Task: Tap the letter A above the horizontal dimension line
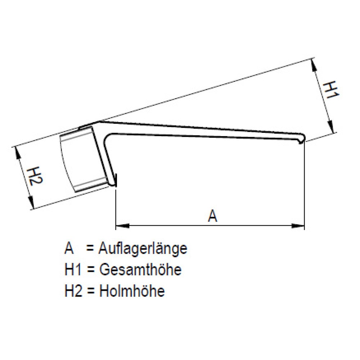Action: click(213, 216)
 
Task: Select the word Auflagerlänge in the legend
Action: click(143, 248)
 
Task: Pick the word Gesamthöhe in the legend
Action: click(139, 270)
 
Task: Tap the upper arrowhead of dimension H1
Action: click(313, 65)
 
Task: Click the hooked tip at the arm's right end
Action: click(302, 138)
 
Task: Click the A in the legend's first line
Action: click(69, 248)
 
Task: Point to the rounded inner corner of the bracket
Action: click(107, 137)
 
